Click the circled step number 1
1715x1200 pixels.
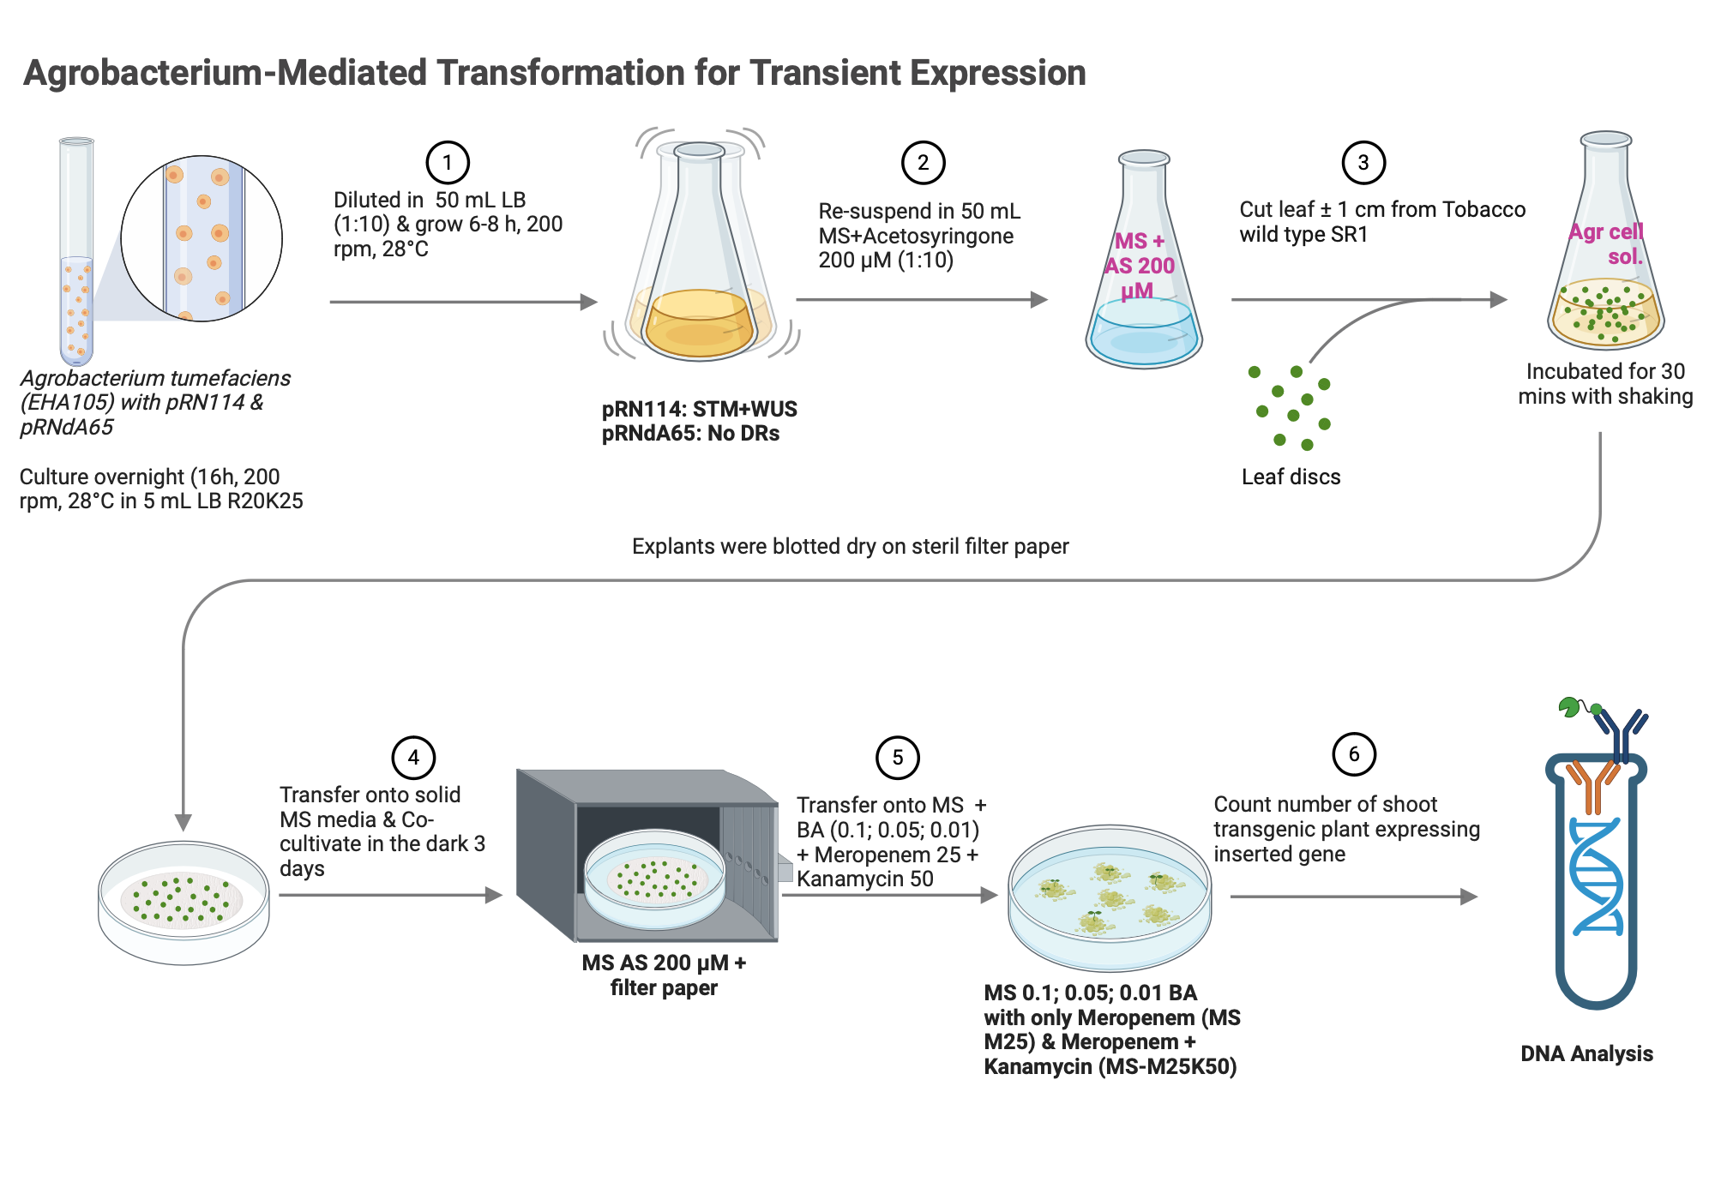pos(447,162)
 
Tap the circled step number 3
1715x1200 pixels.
pos(1363,162)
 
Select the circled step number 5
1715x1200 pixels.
pos(897,758)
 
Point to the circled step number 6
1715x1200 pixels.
pos(1353,754)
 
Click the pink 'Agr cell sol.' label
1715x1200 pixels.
pos(1607,243)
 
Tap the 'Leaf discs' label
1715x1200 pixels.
pos(1291,477)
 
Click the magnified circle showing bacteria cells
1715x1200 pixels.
pos(202,238)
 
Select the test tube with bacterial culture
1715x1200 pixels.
pos(76,257)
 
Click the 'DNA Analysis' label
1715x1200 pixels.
pos(1586,1053)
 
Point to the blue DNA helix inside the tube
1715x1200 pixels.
pos(1596,874)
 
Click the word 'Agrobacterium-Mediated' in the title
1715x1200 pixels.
pos(225,73)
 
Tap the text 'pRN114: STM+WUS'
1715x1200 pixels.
pos(699,409)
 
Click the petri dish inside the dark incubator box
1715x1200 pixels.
pos(655,878)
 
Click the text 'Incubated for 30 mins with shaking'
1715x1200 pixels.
pos(1604,383)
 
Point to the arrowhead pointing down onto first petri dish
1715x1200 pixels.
pos(183,823)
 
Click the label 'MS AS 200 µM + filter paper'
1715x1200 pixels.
pos(664,975)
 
